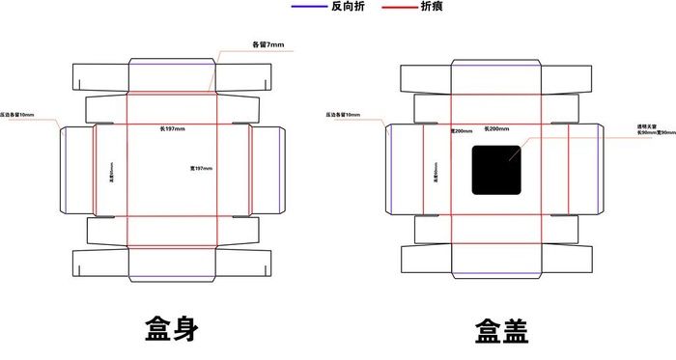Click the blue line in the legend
coord(307,6)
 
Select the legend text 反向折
coord(348,7)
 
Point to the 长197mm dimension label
coord(175,127)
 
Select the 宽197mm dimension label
coord(201,169)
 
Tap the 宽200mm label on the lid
coord(462,130)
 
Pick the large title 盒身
coord(172,329)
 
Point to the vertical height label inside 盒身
coord(112,170)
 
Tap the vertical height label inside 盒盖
coord(436,170)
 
